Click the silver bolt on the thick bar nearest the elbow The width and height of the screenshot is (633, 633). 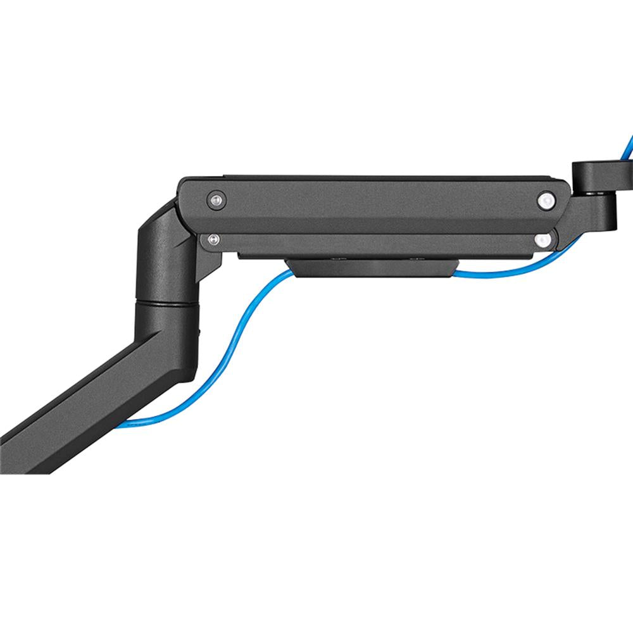point(216,199)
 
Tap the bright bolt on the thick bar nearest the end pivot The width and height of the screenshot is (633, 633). point(545,201)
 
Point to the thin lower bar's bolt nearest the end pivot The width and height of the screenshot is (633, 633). point(541,240)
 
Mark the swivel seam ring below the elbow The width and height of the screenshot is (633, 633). point(163,306)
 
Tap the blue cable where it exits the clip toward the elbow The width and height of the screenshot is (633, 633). point(279,279)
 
